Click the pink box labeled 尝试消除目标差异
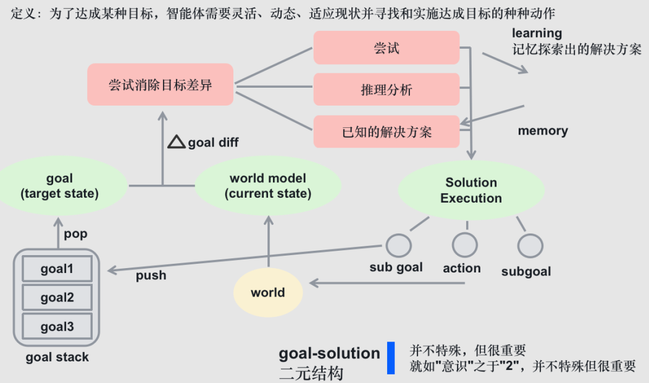tap(160, 85)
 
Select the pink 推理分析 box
tap(387, 90)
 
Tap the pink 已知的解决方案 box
tap(387, 132)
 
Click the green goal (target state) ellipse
tap(59, 186)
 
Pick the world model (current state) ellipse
tap(268, 186)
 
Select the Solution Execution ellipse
tap(471, 190)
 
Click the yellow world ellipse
tap(268, 292)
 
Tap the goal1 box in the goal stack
tap(57, 269)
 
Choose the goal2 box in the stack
tap(57, 298)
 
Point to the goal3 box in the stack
tap(57, 326)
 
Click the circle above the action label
tap(464, 245)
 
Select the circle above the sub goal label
tap(398, 245)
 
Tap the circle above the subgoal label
tap(530, 245)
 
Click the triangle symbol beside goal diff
tap(177, 142)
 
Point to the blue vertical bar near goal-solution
tap(391, 358)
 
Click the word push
tap(151, 275)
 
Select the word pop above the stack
tap(76, 234)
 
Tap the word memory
tap(543, 130)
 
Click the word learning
tap(537, 33)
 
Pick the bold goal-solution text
tap(329, 353)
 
